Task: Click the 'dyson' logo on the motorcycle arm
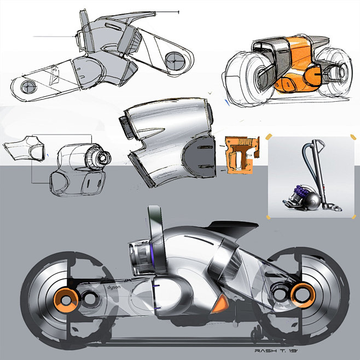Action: pos(114,287)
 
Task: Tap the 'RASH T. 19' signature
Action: pos(276,351)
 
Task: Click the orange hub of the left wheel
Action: pos(66,300)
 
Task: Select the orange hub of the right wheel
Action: pos(303,295)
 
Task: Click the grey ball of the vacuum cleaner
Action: pos(312,200)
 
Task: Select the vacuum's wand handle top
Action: pos(317,143)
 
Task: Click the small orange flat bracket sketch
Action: pos(241,154)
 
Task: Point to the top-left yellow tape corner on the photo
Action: pos(269,137)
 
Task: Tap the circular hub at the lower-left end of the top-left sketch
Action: pos(28,87)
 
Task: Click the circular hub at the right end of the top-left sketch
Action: pos(175,61)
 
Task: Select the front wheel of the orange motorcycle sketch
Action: pos(249,78)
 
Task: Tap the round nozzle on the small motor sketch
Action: pos(102,158)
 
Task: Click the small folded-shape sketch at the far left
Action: pos(24,148)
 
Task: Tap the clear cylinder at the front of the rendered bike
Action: pos(140,257)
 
